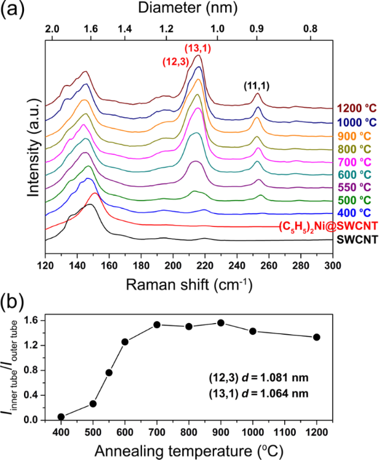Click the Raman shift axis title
pyautogui.click(x=188, y=268)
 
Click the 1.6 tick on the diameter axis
pyautogui.click(x=90, y=28)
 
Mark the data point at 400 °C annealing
pyautogui.click(x=62, y=417)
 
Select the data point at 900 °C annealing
pyautogui.click(x=220, y=322)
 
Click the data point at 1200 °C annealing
pyautogui.click(x=316, y=337)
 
